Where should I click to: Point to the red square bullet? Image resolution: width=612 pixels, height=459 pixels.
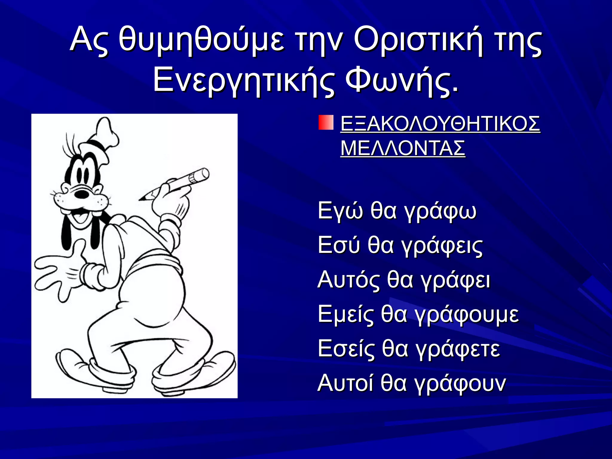click(x=326, y=122)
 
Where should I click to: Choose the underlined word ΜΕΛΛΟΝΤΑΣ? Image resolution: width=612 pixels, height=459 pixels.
click(x=403, y=148)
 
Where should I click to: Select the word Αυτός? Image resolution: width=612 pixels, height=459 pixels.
click(x=348, y=280)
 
